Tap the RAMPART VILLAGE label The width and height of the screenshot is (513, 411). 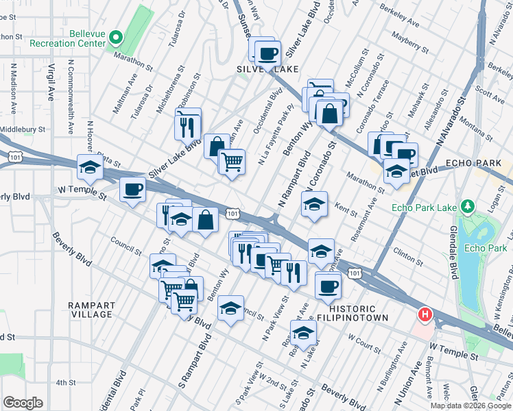[90, 310]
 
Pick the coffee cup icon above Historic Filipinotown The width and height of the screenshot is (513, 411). [328, 285]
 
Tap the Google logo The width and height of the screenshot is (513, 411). [23, 402]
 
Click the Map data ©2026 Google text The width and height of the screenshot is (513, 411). [470, 406]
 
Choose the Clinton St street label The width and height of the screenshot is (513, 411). [408, 257]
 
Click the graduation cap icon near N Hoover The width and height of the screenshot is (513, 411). [91, 167]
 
